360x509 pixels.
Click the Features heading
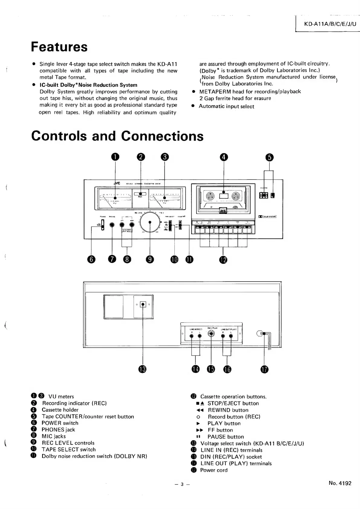pos(59,47)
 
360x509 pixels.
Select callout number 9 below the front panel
pos(150,259)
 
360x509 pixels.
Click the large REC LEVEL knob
pos(150,223)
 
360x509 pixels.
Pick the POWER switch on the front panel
pos(102,225)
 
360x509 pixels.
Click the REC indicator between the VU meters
pos(140,194)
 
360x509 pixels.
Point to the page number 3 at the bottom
pos(182,484)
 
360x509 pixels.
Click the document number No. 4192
pos(340,483)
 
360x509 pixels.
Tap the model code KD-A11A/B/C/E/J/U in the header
pos(330,24)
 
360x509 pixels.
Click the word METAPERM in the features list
pos(215,92)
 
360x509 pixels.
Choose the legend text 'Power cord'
pos(214,470)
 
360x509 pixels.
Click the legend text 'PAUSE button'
pos(225,437)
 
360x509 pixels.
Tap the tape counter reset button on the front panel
pos(273,196)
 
